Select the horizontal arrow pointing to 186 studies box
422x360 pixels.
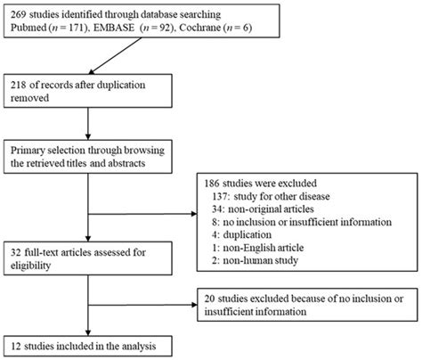click(142, 214)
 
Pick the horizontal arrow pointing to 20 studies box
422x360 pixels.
click(142, 305)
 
